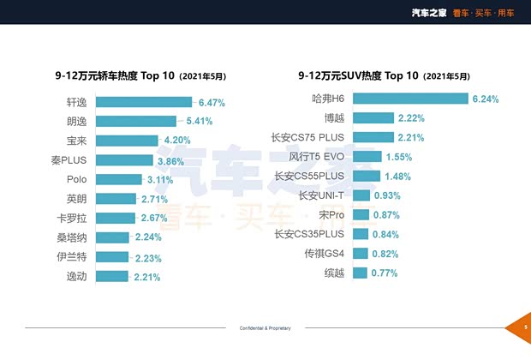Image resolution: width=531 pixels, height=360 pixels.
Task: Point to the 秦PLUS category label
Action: (x=69, y=160)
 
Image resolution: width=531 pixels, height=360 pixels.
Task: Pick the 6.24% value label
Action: (x=486, y=99)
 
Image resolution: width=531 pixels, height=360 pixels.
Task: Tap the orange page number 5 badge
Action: (x=522, y=327)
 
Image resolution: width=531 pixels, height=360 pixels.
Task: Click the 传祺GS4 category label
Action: (x=324, y=254)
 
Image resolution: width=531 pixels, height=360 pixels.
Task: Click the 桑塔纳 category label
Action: (x=71, y=237)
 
